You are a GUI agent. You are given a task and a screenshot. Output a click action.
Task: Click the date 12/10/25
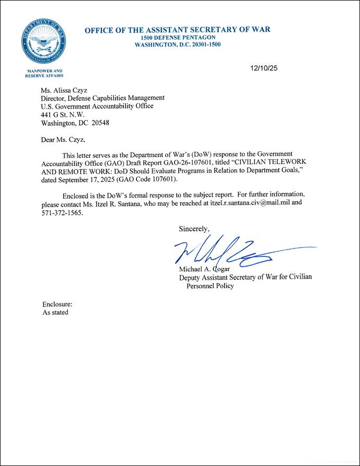265,68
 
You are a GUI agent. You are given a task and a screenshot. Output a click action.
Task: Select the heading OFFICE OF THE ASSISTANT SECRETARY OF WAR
177,30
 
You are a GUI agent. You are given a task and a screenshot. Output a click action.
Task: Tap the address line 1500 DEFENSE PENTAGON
177,38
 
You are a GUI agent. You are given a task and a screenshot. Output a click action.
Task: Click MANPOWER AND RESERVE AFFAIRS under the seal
44,73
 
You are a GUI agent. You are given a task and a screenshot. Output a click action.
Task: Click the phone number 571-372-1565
61,213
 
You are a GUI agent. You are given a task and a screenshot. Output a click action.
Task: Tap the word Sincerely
194,229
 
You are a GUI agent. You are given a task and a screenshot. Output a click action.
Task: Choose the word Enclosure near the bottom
57,304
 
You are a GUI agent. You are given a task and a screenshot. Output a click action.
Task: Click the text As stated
55,312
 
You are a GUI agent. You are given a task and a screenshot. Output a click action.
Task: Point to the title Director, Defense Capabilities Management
103,97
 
